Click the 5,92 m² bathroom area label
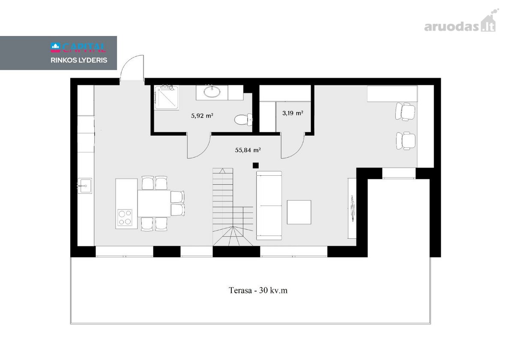tap(202, 115)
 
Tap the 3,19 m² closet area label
tap(293, 113)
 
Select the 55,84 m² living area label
tap(248, 150)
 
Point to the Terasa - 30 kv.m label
tap(258, 290)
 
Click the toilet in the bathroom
tap(243, 120)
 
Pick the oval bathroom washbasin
tap(212, 92)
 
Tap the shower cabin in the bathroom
tap(166, 98)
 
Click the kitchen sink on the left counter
tap(85, 186)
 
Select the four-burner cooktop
tap(125, 217)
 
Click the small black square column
tap(256, 165)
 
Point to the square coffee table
tap(299, 212)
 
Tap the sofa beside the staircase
tap(269, 205)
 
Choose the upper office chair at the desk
tap(405, 111)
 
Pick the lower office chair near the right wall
tap(406, 141)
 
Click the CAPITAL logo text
tap(78, 48)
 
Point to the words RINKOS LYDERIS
tap(79, 60)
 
